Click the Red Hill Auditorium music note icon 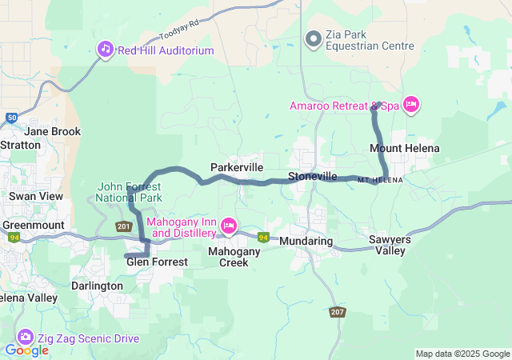(x=106, y=50)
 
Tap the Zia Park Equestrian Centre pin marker (x=314, y=37)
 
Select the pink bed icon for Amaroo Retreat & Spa (x=411, y=105)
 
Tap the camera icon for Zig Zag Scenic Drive (x=25, y=338)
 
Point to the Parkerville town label (x=236, y=167)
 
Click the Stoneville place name (x=313, y=175)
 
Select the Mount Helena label (x=404, y=148)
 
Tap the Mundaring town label (x=306, y=240)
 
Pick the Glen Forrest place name (x=157, y=262)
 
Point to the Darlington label (x=97, y=286)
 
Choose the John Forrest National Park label (x=129, y=192)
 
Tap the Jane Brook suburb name (x=53, y=130)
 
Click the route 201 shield (x=123, y=227)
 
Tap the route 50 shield (x=10, y=118)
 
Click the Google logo (x=26, y=350)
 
